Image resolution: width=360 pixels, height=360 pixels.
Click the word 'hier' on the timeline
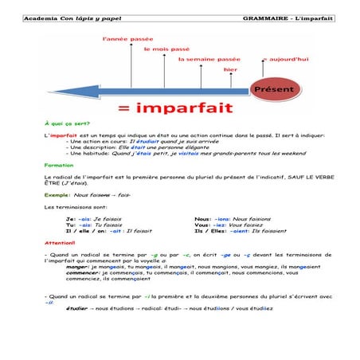tap(230, 69)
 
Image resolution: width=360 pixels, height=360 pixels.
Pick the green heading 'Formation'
tap(59, 165)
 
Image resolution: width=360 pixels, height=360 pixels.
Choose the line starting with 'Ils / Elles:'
tap(236, 231)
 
